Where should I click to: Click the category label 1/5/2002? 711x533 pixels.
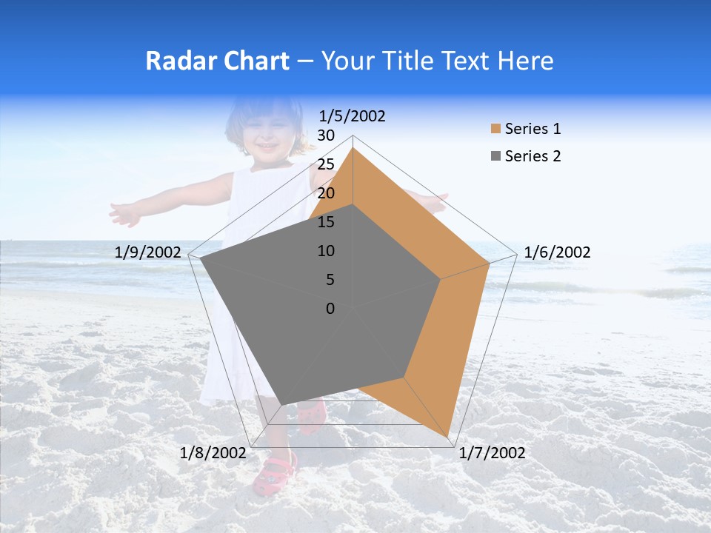tap(352, 116)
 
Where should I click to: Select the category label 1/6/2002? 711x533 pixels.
tap(557, 252)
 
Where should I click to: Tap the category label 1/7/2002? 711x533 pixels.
tap(493, 453)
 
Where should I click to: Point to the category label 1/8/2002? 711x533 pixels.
tap(213, 453)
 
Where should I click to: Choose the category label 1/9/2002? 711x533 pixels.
tap(148, 252)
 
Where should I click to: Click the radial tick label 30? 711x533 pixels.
tap(326, 135)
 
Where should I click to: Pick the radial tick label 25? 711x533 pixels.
tap(326, 164)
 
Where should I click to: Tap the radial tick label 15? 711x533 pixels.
tap(326, 222)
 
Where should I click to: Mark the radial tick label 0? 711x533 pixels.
tap(330, 309)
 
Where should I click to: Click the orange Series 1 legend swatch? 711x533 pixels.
tap(495, 130)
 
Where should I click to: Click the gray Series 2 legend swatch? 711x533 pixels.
tap(495, 156)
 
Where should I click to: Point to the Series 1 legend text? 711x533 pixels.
tap(533, 129)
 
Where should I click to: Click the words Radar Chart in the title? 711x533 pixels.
tap(217, 61)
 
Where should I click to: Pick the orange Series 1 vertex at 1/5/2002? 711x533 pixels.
tap(353, 148)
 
